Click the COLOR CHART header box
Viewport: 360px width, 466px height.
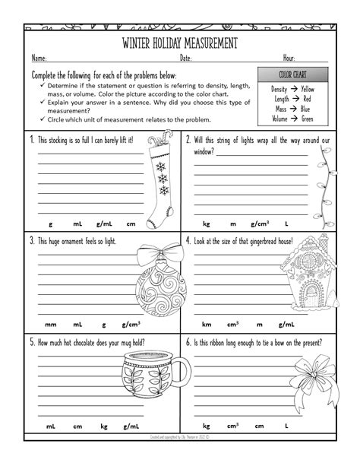point(292,75)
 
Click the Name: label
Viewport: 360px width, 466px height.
point(39,58)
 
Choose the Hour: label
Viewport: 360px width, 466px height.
point(289,58)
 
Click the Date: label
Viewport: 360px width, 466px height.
point(186,58)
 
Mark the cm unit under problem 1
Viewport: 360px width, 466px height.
point(131,224)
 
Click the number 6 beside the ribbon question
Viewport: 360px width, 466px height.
point(187,341)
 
